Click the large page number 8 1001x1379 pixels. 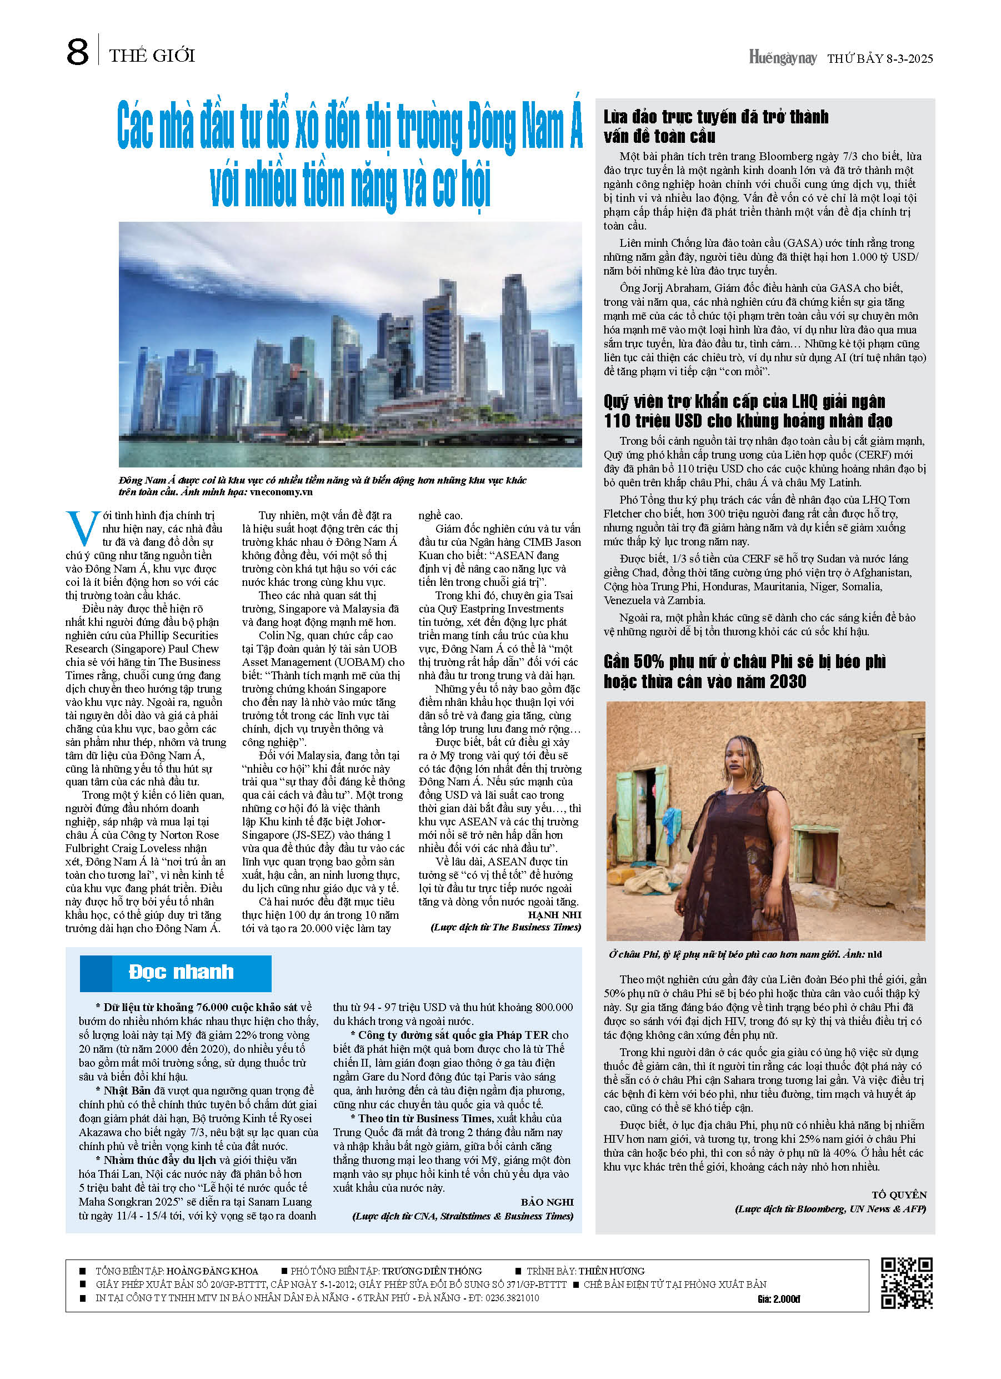coord(77,52)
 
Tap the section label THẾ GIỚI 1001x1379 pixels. coord(152,56)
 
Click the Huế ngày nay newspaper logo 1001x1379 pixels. coord(783,58)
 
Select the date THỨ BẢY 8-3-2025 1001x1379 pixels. coord(879,59)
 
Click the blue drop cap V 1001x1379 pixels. coord(82,529)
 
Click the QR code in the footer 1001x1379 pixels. coord(906,1283)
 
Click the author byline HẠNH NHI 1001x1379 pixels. coord(554,915)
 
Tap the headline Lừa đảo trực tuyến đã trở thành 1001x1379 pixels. coord(715,117)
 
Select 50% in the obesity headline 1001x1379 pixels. coord(646,661)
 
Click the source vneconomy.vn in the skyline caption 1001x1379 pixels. coord(280,492)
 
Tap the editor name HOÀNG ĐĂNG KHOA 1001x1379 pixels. coord(212,1271)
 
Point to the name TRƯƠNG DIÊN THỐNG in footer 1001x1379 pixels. coord(432,1271)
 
